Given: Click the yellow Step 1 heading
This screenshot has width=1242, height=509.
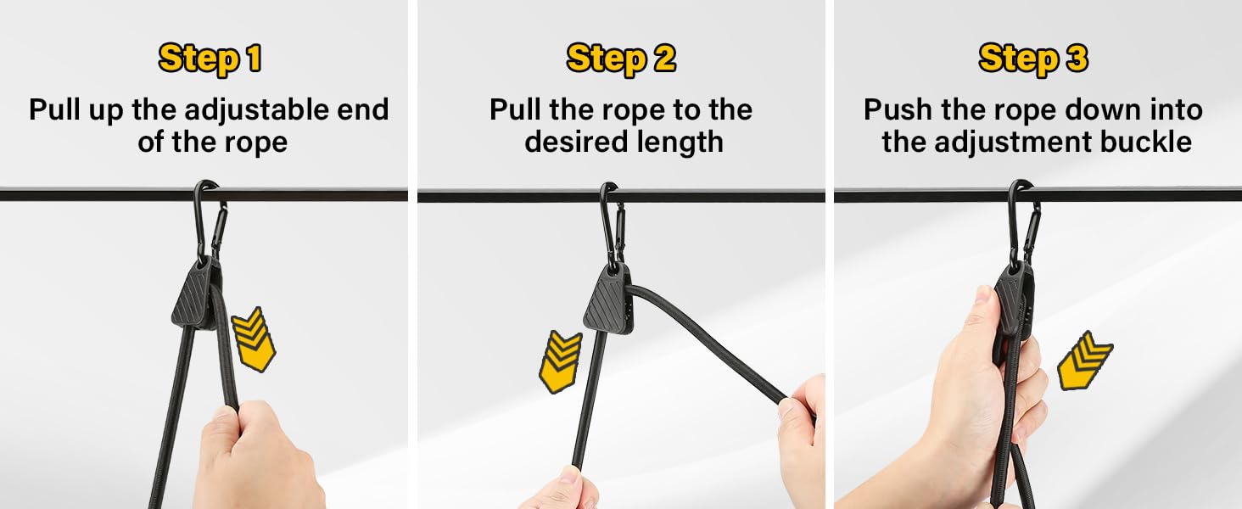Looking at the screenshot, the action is pyautogui.click(x=210, y=59).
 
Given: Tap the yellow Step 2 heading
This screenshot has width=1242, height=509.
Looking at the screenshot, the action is pyautogui.click(x=621, y=59).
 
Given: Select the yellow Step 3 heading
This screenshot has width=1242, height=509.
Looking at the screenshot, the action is pyautogui.click(x=1033, y=59).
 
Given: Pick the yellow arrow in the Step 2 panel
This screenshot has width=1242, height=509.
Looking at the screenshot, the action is pyautogui.click(x=561, y=362).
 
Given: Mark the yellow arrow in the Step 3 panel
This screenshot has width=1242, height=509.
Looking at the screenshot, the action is pyautogui.click(x=1085, y=361).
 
